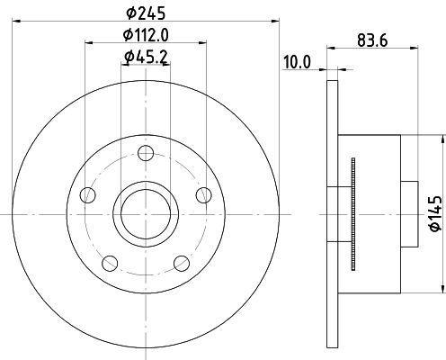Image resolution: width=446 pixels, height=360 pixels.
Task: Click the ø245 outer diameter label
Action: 144,13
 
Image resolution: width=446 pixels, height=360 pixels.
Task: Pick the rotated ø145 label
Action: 435,213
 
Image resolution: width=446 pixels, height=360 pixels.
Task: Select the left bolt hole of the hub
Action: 87,195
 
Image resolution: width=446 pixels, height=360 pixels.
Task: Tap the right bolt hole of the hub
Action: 202,195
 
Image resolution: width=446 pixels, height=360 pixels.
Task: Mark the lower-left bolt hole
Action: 109,262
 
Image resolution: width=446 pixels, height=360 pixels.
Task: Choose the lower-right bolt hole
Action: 180,262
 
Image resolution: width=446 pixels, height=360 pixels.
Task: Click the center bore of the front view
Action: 144,214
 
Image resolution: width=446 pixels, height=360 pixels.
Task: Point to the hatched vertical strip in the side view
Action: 352,214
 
